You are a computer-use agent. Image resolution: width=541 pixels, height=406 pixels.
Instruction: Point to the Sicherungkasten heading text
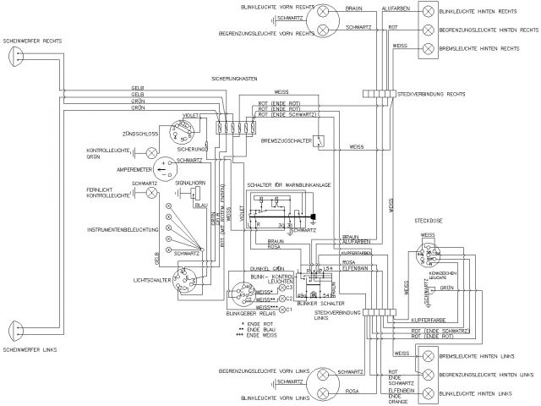tap(235, 78)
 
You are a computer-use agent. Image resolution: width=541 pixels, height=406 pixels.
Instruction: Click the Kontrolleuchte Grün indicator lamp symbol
tap(152, 153)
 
